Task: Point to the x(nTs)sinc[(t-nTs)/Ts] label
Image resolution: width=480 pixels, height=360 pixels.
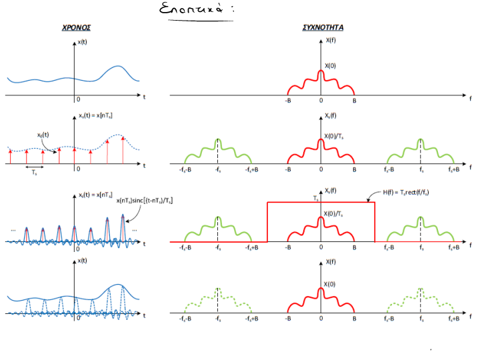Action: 145,201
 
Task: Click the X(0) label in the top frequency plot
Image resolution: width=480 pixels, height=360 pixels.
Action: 331,65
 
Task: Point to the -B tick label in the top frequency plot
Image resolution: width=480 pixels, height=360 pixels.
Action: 288,102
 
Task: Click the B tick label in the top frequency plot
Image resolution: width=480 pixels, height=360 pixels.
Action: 355,102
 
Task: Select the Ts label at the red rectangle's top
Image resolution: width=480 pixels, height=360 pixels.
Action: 316,198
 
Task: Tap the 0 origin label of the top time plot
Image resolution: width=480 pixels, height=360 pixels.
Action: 79,99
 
